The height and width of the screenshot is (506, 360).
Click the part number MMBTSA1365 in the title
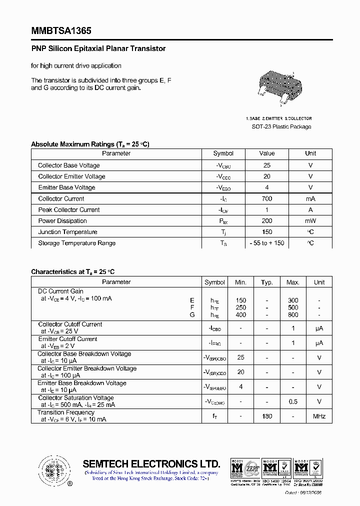[61, 30]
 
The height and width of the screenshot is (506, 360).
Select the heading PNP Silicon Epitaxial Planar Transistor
[98, 48]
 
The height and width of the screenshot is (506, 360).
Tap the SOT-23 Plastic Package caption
[281, 126]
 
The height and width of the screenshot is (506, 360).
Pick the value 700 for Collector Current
[267, 198]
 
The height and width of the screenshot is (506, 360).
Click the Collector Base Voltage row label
[69, 165]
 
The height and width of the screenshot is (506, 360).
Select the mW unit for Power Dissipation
[310, 221]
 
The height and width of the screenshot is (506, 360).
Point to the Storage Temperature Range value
[267, 243]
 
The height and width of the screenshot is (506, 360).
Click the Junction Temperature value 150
[267, 232]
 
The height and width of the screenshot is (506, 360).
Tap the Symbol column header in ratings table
[223, 153]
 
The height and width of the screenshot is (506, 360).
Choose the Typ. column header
[267, 282]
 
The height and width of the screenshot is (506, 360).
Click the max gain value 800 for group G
[293, 315]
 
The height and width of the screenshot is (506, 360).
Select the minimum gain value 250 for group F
[241, 308]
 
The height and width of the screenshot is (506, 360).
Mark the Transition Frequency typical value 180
[267, 416]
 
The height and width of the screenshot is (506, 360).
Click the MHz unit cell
[319, 416]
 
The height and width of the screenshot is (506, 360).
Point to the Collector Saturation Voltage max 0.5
[293, 401]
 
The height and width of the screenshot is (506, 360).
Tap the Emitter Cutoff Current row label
[67, 339]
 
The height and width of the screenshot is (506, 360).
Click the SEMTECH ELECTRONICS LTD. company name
[151, 463]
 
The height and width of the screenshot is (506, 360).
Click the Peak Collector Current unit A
[310, 210]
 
